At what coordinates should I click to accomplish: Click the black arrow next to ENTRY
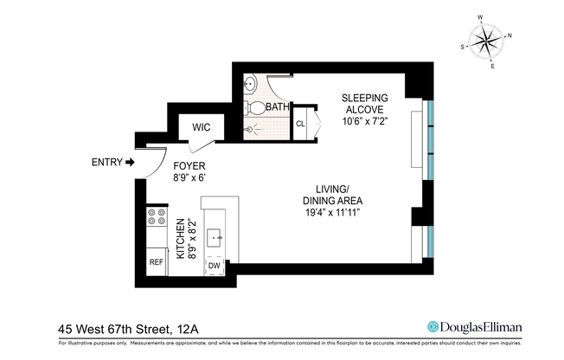pyautogui.click(x=130, y=162)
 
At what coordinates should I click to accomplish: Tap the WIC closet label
pyautogui.click(x=201, y=127)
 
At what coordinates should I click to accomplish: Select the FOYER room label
pyautogui.click(x=189, y=165)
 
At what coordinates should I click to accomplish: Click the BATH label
pyautogui.click(x=277, y=107)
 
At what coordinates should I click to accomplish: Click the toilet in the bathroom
pyautogui.click(x=253, y=108)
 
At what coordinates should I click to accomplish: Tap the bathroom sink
pyautogui.click(x=250, y=85)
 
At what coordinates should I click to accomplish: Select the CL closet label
pyautogui.click(x=300, y=123)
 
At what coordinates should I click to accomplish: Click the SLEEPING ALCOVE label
pyautogui.click(x=364, y=103)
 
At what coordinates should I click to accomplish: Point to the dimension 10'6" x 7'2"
pyautogui.click(x=364, y=122)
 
